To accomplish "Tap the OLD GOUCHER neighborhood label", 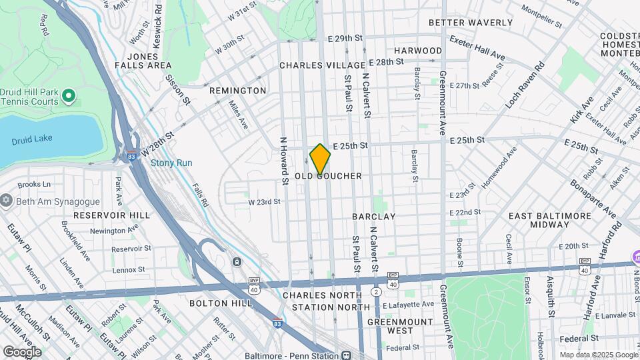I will pyautogui.click(x=329, y=176).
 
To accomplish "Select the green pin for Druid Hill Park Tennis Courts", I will pyautogui.click(x=68, y=97).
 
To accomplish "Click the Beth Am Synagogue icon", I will pyautogui.click(x=7, y=201).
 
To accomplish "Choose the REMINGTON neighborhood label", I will pyautogui.click(x=237, y=91).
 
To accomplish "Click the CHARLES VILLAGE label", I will pyautogui.click(x=322, y=65).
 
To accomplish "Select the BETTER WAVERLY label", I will pyautogui.click(x=471, y=23).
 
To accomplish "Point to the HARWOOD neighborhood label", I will pyautogui.click(x=418, y=51).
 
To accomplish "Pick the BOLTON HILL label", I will pyautogui.click(x=221, y=303).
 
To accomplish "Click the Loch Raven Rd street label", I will pyautogui.click(x=525, y=87).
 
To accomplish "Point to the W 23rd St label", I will pyautogui.click(x=264, y=201).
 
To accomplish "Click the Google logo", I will pyautogui.click(x=22, y=351).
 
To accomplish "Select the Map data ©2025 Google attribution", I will pyautogui.click(x=597, y=355).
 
